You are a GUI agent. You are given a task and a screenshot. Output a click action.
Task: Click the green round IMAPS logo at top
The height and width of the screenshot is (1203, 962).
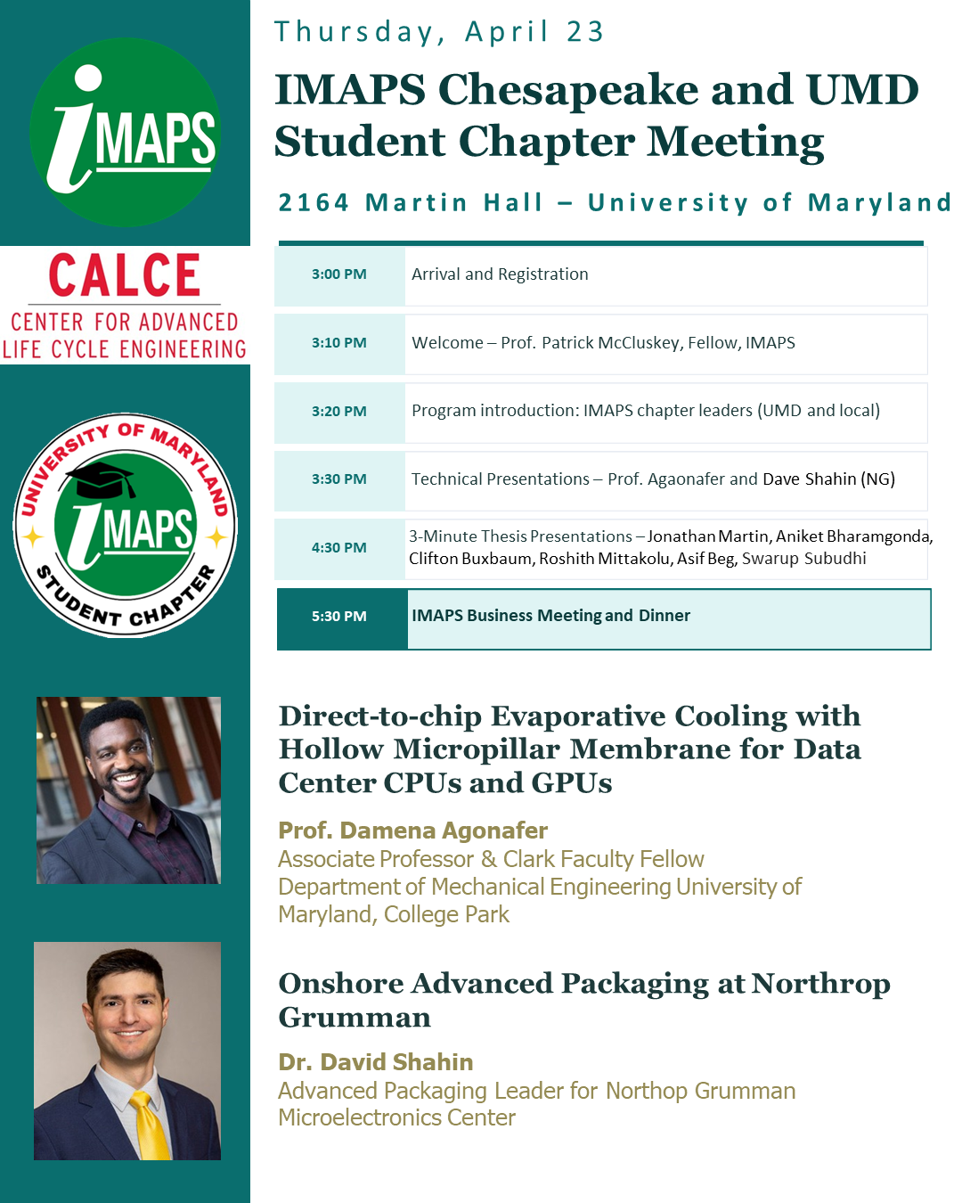point(125,132)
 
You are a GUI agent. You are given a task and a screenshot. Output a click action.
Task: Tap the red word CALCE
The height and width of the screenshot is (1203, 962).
point(124,275)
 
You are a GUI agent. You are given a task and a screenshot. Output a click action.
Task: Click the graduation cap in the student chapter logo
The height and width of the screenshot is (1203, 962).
point(102,480)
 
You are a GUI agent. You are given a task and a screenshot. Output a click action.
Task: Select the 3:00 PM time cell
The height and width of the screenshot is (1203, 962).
point(339,274)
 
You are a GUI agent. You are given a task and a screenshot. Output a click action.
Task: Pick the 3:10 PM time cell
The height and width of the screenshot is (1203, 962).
point(339,343)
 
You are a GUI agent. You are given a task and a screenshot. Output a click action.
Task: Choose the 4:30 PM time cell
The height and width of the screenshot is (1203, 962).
point(339,548)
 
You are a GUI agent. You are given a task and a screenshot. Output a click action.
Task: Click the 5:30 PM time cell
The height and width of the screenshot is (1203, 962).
point(339,617)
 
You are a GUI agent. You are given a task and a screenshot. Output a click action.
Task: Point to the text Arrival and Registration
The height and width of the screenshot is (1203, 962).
point(500,274)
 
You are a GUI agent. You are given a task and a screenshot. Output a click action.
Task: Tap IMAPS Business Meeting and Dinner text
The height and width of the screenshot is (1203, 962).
point(550,616)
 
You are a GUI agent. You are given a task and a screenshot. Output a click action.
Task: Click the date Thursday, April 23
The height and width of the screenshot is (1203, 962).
point(439,32)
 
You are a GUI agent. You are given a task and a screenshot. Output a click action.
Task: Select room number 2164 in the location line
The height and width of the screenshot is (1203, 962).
point(314,203)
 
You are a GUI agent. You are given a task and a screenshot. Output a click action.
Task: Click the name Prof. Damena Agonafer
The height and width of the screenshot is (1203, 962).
point(412,831)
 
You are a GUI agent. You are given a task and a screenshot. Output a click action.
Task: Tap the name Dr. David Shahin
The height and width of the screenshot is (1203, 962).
point(375,1062)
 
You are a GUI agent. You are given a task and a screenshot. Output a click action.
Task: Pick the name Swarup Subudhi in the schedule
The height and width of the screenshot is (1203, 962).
point(803,559)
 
